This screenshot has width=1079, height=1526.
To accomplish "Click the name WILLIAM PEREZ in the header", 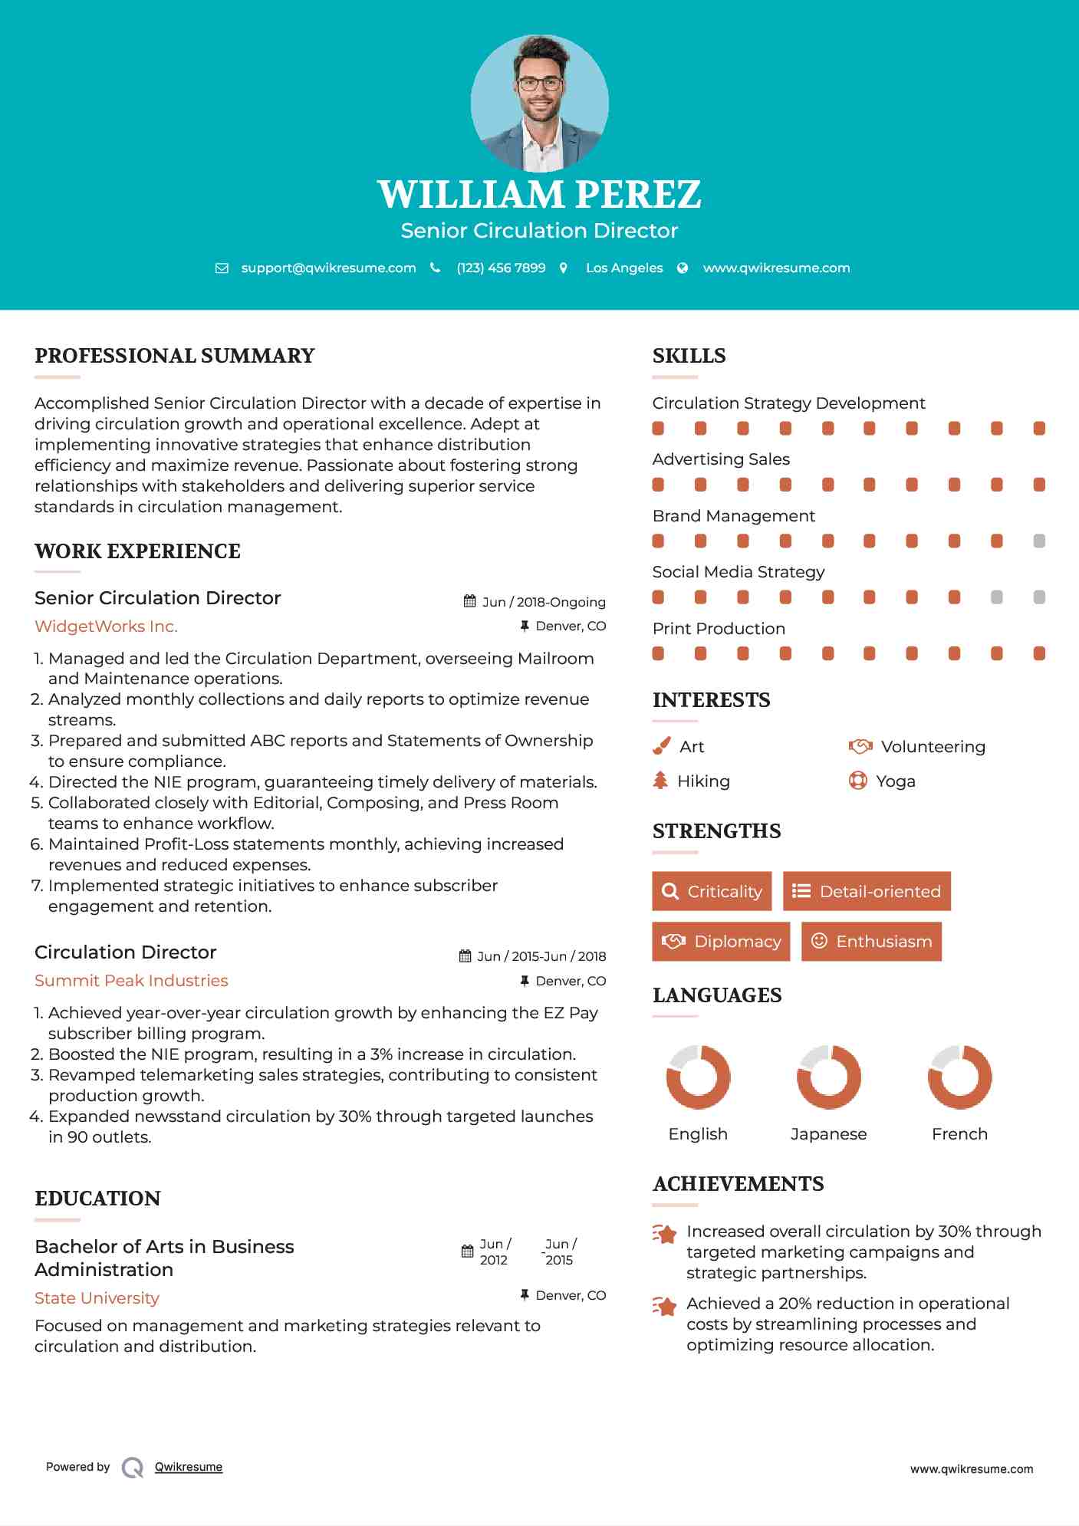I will [539, 194].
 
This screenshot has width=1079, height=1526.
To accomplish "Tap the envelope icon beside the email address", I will [222, 268].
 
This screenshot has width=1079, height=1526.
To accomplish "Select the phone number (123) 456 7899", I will [501, 268].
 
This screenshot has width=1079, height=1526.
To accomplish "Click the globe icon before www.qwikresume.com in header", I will [683, 268].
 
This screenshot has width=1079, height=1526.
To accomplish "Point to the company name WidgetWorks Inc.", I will [106, 627].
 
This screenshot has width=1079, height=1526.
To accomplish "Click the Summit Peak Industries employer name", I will [131, 981].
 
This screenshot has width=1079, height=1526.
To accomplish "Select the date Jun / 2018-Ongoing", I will [544, 602].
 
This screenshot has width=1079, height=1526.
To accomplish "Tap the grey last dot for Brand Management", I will [1039, 541].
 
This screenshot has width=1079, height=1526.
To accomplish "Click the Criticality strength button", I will [712, 891].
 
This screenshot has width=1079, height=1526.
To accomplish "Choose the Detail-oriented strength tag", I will [867, 891].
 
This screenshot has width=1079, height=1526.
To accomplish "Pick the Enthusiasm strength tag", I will [871, 941].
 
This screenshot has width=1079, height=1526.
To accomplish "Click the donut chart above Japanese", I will [828, 1077].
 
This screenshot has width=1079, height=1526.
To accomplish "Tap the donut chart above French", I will [959, 1077].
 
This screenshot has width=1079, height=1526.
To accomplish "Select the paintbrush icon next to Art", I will [661, 746].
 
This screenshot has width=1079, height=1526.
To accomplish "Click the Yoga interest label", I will [896, 781].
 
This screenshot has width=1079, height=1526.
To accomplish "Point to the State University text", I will [97, 1298].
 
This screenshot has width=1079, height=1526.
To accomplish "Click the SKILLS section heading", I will [689, 356].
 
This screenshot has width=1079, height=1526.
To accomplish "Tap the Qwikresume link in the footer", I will [189, 1467].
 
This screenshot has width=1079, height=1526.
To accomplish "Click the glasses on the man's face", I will [540, 84].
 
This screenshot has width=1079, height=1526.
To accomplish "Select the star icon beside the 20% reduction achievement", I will [665, 1305].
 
